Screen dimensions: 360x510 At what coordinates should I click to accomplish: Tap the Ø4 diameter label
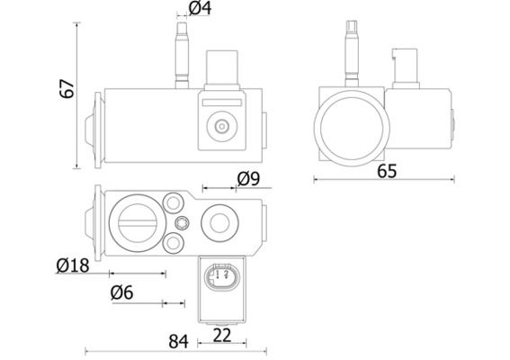click(x=200, y=10)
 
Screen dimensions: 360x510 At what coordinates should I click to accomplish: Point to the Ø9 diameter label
click(x=247, y=179)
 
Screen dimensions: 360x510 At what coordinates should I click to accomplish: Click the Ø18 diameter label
click(x=73, y=265)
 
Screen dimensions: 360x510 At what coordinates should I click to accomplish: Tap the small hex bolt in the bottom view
click(x=183, y=222)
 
